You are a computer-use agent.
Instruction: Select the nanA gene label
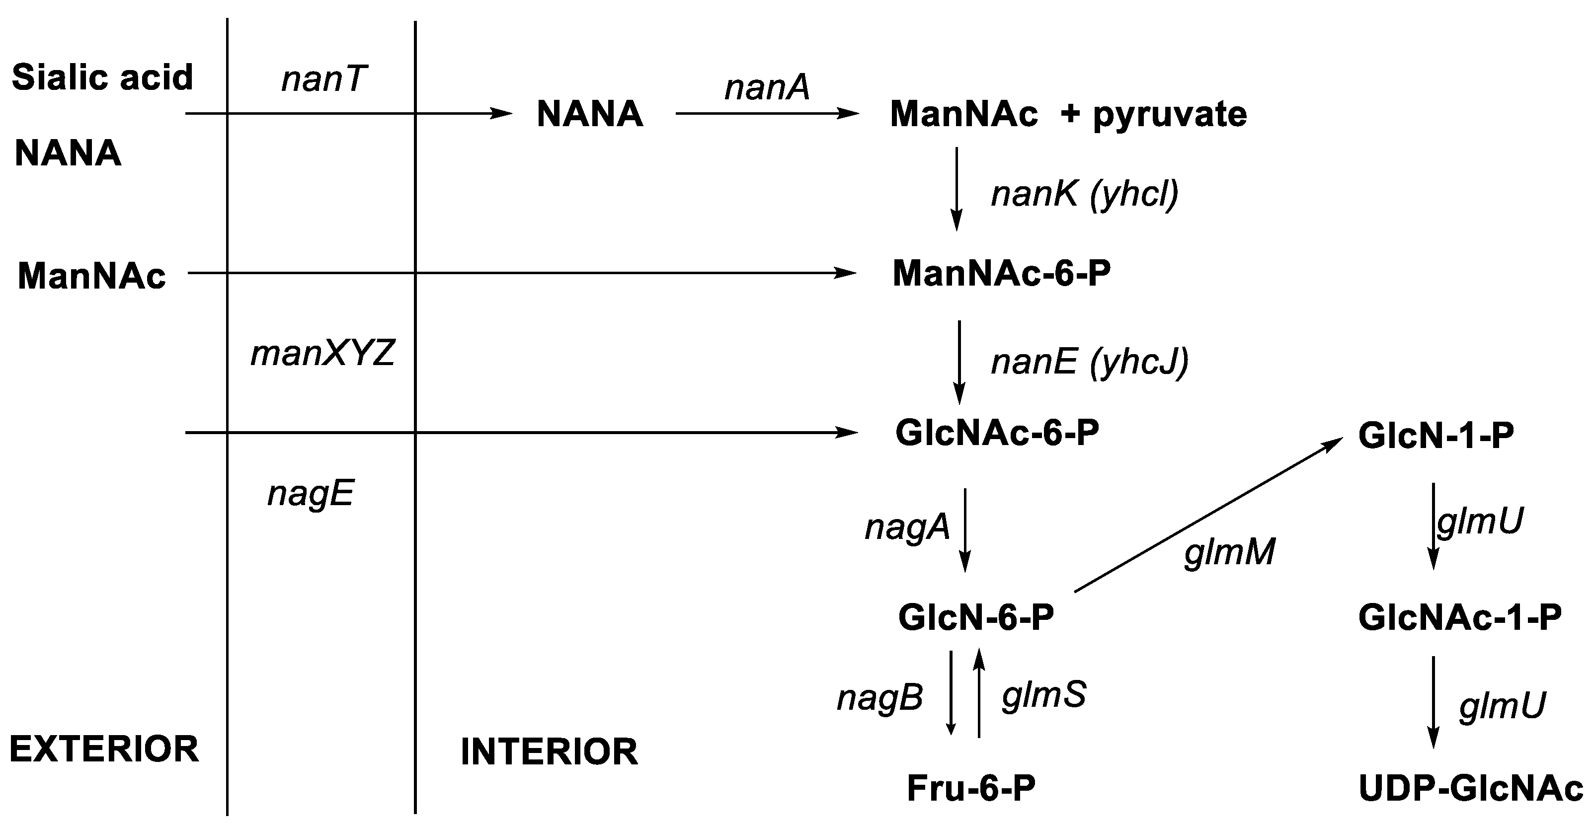pyautogui.click(x=767, y=87)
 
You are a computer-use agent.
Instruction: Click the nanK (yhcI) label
pyautogui.click(x=1085, y=194)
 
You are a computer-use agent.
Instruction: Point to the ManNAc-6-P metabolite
pyautogui.click(x=1001, y=274)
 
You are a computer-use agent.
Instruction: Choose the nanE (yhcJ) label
pyautogui.click(x=1089, y=362)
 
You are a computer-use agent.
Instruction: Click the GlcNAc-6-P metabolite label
pyautogui.click(x=997, y=433)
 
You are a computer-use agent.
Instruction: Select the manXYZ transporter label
pyautogui.click(x=322, y=354)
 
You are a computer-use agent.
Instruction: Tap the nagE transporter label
pyautogui.click(x=310, y=494)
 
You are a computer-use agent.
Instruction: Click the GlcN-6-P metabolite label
pyautogui.click(x=976, y=617)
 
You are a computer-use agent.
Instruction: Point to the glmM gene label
pyautogui.click(x=1230, y=551)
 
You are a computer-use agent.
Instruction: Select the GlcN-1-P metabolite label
pyautogui.click(x=1436, y=436)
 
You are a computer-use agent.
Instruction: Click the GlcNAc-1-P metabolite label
pyautogui.click(x=1459, y=617)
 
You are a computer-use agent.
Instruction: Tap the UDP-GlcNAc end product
pyautogui.click(x=1471, y=788)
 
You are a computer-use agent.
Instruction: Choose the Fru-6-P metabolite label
pyautogui.click(x=971, y=788)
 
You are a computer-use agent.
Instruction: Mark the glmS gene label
pyautogui.click(x=1044, y=695)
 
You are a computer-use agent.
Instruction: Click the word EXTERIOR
pyautogui.click(x=104, y=749)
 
